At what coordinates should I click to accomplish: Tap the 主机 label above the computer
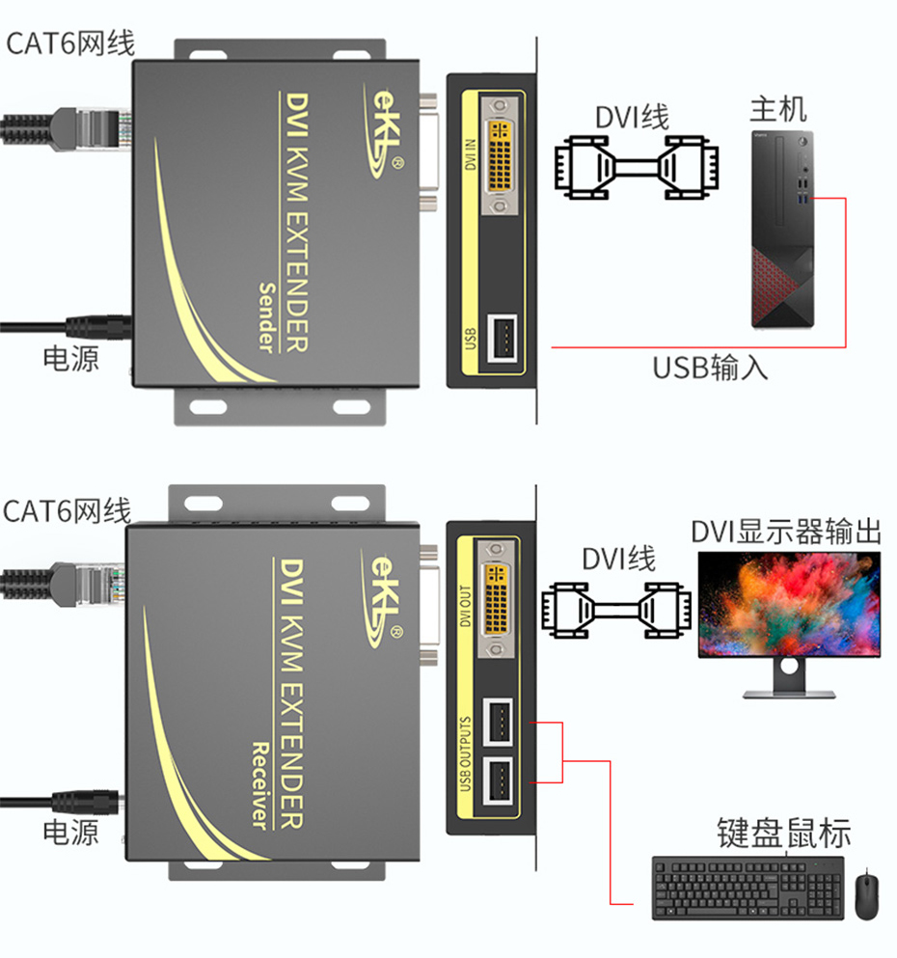778,108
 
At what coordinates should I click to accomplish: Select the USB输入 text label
711,368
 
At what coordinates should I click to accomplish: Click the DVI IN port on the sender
500,156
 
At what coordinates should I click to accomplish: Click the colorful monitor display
789,606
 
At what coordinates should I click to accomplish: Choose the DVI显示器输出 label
786,532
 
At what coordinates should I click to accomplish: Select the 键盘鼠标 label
783,833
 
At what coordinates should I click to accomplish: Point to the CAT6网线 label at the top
70,43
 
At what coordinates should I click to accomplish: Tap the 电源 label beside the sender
70,359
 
